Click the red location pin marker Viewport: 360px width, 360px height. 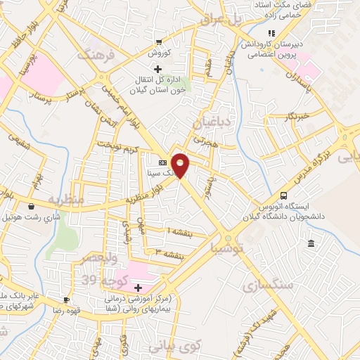pos(181,164)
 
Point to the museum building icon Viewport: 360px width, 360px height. pos(311,243)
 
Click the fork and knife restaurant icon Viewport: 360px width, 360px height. pos(270,33)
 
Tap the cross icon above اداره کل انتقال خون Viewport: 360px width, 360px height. pos(157,69)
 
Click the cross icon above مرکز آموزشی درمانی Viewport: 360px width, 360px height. pos(138,287)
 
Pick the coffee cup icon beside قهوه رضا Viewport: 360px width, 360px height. pos(66,300)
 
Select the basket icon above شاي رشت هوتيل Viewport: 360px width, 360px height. pos(32,207)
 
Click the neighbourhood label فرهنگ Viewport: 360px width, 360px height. pos(96,56)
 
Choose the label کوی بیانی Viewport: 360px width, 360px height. pos(175,345)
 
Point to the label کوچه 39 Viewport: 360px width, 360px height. pos(98,280)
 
